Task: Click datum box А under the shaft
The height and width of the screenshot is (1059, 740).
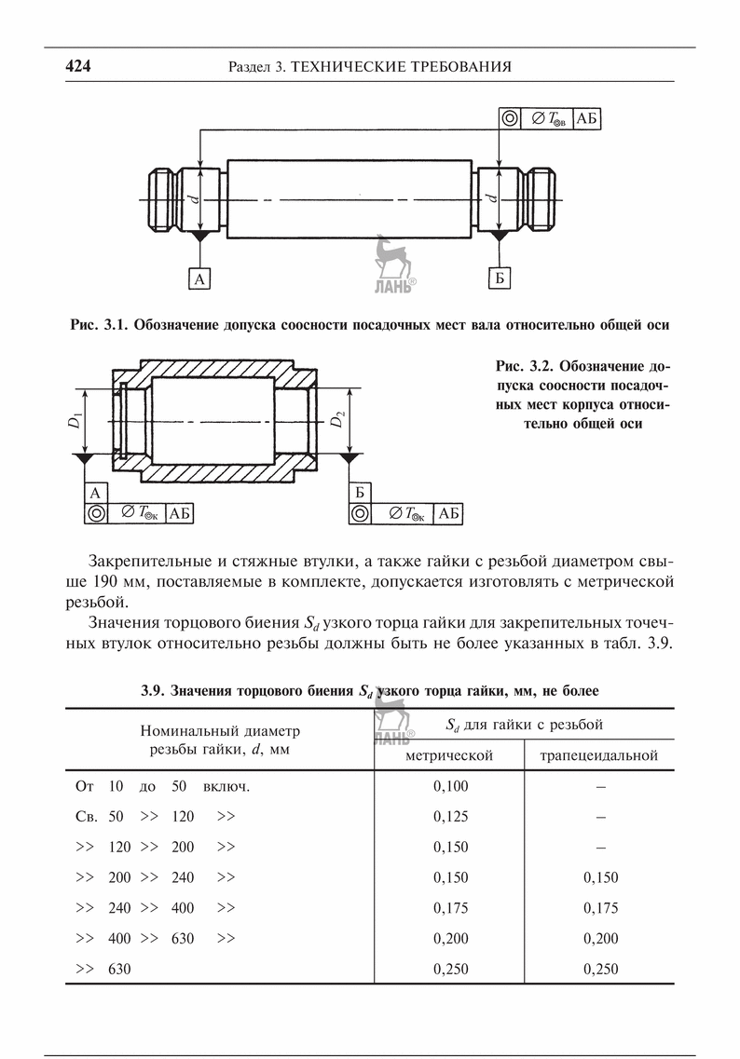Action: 199,278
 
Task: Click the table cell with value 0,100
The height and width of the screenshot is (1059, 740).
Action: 451,785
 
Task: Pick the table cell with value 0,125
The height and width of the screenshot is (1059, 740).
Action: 451,816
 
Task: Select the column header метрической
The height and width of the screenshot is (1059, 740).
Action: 450,755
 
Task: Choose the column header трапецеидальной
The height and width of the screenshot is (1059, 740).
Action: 599,755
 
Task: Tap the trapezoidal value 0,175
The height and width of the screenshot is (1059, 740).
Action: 600,908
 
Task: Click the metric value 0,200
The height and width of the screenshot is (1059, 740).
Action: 451,939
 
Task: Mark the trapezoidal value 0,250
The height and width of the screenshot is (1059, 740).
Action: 600,970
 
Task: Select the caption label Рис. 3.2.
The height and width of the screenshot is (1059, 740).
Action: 521,363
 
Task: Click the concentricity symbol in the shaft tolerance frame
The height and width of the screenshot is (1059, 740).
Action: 509,118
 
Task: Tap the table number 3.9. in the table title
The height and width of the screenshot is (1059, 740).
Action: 155,691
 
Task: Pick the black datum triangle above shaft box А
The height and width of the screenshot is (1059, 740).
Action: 199,238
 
